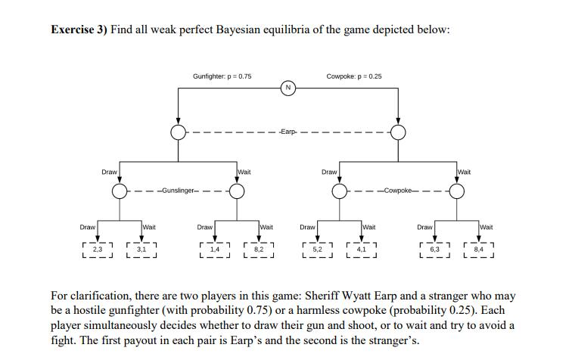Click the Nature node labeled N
click(288, 88)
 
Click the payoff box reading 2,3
click(97, 248)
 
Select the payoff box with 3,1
click(141, 248)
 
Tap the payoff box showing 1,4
click(214, 248)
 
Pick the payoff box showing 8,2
click(259, 248)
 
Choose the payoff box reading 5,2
click(317, 248)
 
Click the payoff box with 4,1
click(361, 248)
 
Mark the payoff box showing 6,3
click(434, 248)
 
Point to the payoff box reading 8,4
click(477, 248)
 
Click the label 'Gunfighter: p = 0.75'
click(222, 76)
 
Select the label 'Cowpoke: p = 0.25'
click(354, 76)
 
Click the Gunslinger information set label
click(178, 191)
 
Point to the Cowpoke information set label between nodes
click(398, 191)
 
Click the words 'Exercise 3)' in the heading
click(79, 29)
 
